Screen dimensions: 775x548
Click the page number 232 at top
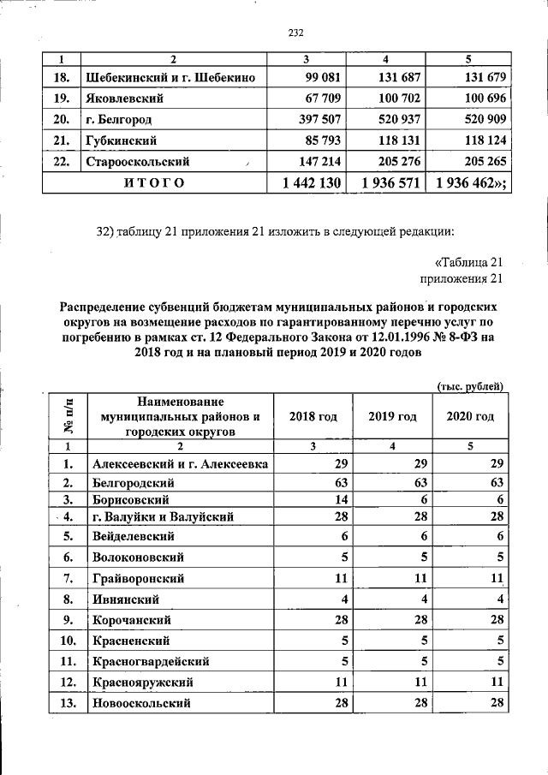pos(297,33)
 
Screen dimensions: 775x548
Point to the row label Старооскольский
pos(137,160)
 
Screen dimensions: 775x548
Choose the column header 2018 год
pos(313,416)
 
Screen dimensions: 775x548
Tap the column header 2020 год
pos(471,416)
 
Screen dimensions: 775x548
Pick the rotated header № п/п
pos(66,416)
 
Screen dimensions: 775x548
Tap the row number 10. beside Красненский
pos(65,641)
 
